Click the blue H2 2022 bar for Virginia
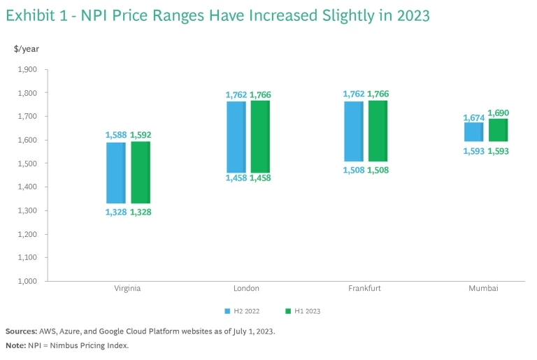click(x=116, y=173)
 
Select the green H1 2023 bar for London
click(x=260, y=136)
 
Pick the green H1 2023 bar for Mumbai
click(x=497, y=130)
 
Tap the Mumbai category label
click(x=484, y=288)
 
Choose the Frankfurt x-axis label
click(x=365, y=288)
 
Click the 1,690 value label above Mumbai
click(x=498, y=113)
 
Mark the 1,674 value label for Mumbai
click(x=473, y=117)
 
